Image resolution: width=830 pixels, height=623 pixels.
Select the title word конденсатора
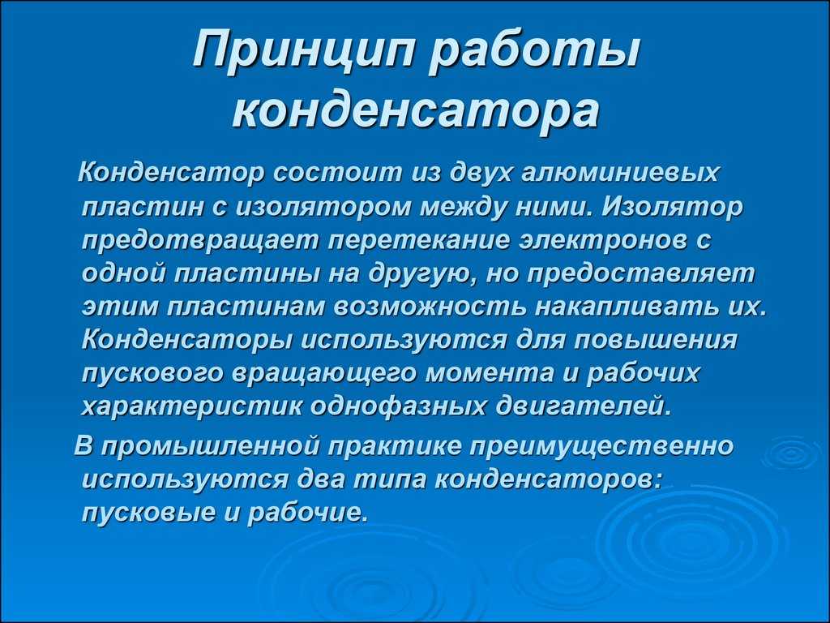416,112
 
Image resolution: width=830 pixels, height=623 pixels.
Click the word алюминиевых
621,173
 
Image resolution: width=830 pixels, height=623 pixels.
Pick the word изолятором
323,207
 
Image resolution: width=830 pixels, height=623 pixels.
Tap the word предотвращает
202,240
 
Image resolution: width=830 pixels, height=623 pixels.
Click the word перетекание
419,240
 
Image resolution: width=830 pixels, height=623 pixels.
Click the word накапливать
627,307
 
